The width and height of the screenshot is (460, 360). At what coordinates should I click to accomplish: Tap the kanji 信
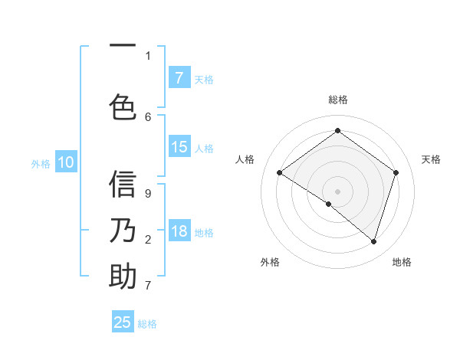pos(123,184)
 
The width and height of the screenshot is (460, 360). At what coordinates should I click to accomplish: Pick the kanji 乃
pos(123,231)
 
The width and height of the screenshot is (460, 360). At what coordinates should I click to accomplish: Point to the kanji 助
pos(123,277)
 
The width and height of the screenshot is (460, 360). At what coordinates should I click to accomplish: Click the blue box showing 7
pos(179,78)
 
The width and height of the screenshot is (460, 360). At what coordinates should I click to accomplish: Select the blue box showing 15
pos(179,147)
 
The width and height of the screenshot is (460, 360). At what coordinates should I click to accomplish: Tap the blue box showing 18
pos(179,232)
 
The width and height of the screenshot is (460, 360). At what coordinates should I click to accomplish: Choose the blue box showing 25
pos(123,322)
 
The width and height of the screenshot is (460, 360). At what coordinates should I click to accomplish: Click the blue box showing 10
pos(66,162)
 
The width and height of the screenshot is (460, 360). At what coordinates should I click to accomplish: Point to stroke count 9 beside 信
pos(148,193)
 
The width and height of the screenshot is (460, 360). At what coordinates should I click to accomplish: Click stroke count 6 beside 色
pos(148,116)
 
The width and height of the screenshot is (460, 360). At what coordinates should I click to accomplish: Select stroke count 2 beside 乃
pos(148,240)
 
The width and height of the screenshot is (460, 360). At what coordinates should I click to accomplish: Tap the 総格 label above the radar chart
pos(337,100)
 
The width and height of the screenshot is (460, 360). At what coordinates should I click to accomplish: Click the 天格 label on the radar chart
pos(431,159)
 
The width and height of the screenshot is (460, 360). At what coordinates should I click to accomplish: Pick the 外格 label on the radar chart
pos(270,262)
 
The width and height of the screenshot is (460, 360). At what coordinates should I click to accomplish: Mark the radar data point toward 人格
pos(279,173)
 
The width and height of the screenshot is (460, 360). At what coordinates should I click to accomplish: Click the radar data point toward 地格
pos(373,242)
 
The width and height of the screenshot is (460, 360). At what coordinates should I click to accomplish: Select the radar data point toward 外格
pos(329,204)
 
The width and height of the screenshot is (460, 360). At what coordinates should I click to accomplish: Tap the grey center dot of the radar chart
pos(337,191)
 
